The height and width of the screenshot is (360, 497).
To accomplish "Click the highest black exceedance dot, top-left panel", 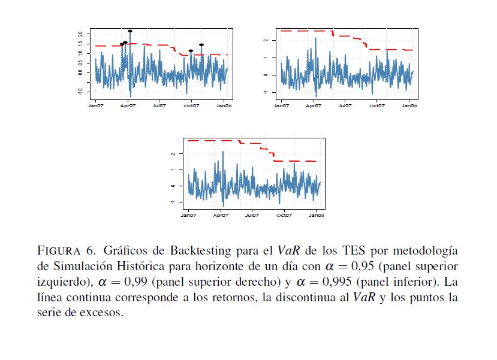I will click(130, 31).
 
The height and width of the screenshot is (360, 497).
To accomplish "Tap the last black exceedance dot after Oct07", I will click(201, 45).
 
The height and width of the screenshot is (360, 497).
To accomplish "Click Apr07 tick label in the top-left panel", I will click(128, 105).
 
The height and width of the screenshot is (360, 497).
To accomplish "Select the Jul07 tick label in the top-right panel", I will click(345, 105).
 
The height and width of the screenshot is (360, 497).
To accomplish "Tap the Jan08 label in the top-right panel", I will click(409, 105).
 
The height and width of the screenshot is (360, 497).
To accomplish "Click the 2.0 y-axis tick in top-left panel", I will click(80, 34).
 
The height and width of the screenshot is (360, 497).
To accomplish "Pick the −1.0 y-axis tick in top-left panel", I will click(80, 91).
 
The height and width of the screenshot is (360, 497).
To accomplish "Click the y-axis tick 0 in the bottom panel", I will click(173, 186).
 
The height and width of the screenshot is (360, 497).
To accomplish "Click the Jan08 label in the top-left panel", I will click(224, 105).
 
